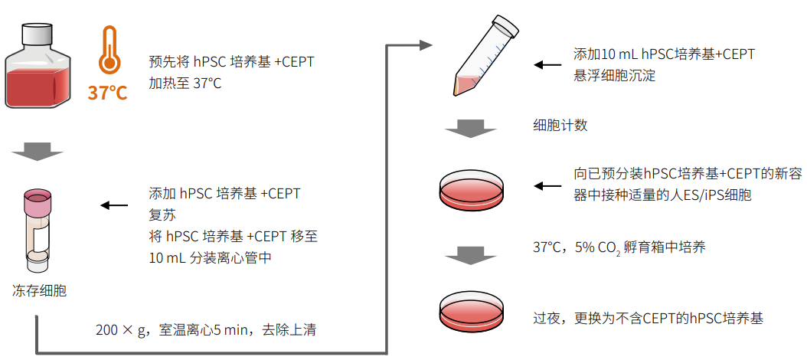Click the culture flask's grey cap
(38, 34)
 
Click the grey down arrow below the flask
(38, 152)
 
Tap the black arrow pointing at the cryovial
(115, 205)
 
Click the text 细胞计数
(560, 126)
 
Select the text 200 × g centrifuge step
(206, 331)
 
